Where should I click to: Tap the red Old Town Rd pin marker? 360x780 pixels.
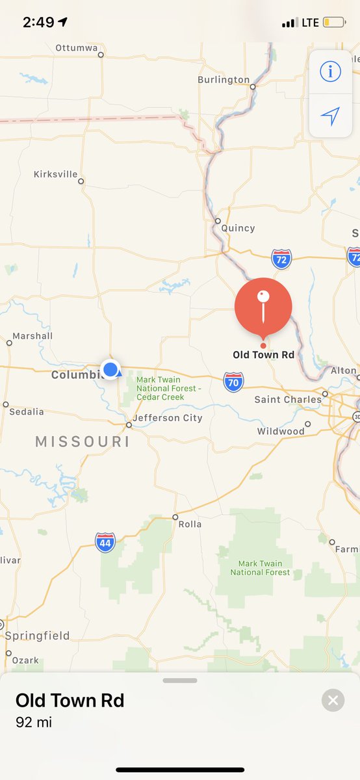[x=263, y=307]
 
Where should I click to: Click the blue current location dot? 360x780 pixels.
[x=110, y=370]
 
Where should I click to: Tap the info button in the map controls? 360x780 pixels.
[x=330, y=71]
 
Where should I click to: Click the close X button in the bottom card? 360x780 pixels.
[x=333, y=700]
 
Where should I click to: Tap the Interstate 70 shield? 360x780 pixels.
[x=233, y=382]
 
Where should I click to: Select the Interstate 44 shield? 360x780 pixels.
[x=105, y=542]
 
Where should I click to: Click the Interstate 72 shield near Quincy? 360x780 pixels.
[x=281, y=258]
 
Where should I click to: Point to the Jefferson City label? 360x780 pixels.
[x=168, y=418]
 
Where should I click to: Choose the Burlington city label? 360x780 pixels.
[x=224, y=79]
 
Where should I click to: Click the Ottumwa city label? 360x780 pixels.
[x=76, y=48]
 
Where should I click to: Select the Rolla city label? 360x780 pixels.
[x=190, y=524]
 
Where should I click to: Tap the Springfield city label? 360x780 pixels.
[x=38, y=636]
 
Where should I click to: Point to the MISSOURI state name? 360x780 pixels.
[x=83, y=442]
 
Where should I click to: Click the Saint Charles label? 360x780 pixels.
[x=287, y=399]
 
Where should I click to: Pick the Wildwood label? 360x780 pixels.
[x=281, y=431]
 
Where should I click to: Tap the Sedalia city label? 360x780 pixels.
[x=27, y=411]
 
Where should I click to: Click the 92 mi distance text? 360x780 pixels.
[x=34, y=722]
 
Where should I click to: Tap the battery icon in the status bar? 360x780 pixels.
[x=335, y=23]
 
